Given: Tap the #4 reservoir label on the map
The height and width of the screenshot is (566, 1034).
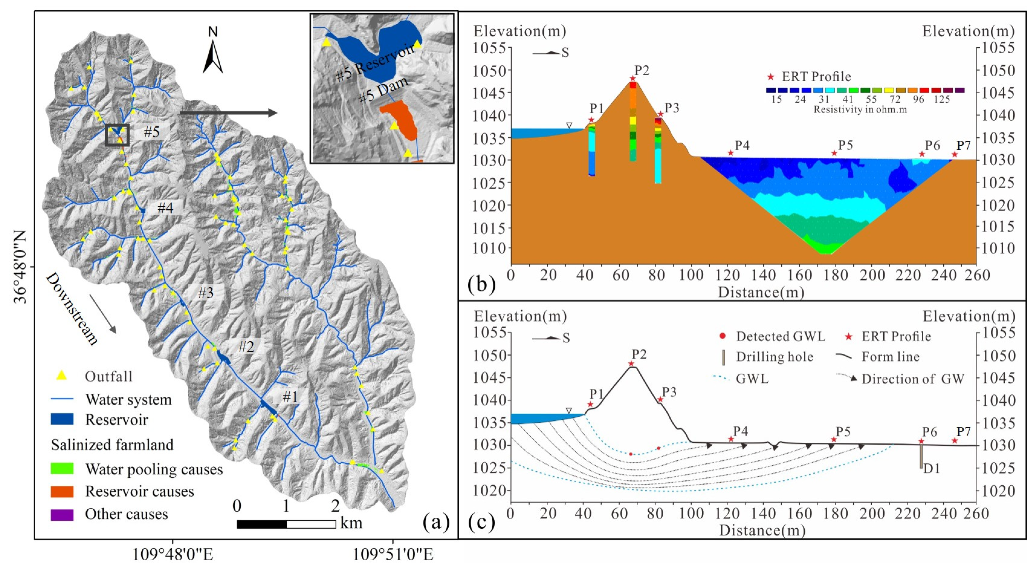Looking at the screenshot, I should coord(165,208).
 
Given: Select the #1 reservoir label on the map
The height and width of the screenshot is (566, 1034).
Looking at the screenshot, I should coord(290,397).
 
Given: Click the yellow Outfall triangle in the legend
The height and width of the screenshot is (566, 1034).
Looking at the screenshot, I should coord(61,376).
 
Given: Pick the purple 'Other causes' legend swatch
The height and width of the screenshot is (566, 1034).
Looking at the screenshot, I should coord(62,515).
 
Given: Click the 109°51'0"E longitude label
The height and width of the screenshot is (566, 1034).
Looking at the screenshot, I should coord(392,555).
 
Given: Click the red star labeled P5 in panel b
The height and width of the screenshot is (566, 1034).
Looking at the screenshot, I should coord(834,153).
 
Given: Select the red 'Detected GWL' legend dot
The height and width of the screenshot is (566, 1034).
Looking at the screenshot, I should coord(723,336).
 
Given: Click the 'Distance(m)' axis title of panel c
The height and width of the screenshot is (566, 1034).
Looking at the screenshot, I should coord(762,530).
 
